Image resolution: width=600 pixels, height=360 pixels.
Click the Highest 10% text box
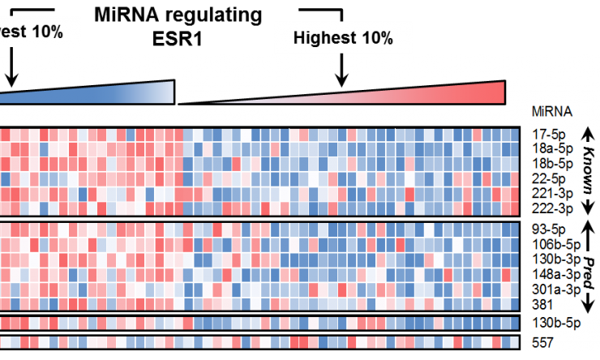tap(343, 38)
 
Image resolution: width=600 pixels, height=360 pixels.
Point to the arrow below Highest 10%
tap(342, 71)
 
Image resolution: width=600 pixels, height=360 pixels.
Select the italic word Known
tap(589, 171)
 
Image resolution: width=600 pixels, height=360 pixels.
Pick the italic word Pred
tap(589, 267)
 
